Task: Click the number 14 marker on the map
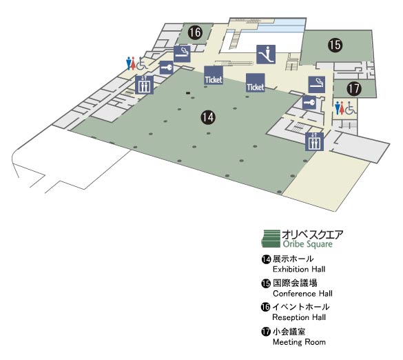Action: click(208, 117)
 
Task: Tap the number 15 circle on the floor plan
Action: click(335, 45)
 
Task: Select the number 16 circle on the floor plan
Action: click(195, 32)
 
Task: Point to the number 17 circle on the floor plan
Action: click(354, 89)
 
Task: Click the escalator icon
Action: click(266, 54)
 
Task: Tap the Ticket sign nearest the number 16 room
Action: click(214, 75)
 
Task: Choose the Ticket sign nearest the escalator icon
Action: click(255, 83)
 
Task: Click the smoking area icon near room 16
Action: click(182, 54)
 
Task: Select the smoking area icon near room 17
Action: click(317, 85)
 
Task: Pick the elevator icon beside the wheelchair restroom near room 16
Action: click(144, 85)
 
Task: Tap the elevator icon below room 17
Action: click(314, 141)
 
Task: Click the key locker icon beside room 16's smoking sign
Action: click(166, 68)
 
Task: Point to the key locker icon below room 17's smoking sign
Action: click(309, 103)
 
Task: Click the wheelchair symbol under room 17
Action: click(351, 108)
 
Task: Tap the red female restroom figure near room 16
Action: click(133, 63)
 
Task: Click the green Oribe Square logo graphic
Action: click(271, 239)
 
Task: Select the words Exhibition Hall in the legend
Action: click(299, 270)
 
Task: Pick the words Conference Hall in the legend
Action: click(302, 294)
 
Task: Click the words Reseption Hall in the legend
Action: click(299, 317)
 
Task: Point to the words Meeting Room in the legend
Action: click(299, 342)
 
